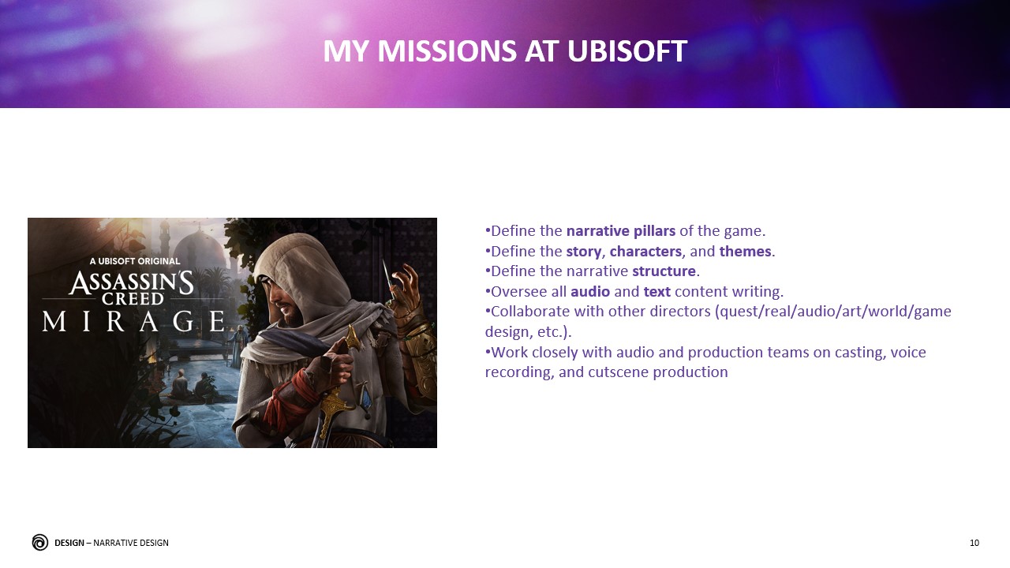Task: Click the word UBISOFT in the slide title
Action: pyautogui.click(x=627, y=52)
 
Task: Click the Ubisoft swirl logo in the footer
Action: pyautogui.click(x=39, y=542)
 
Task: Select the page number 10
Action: pyautogui.click(x=974, y=543)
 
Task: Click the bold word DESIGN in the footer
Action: pyautogui.click(x=69, y=543)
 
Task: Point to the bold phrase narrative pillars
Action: pyautogui.click(x=620, y=231)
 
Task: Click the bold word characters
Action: pyautogui.click(x=645, y=252)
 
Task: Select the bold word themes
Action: pyautogui.click(x=745, y=252)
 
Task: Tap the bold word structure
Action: pyautogui.click(x=664, y=271)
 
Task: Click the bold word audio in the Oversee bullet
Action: pyautogui.click(x=589, y=292)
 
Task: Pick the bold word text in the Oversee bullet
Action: pyautogui.click(x=656, y=292)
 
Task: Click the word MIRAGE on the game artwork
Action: pyautogui.click(x=133, y=321)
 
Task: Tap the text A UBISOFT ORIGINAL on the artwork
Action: pyautogui.click(x=134, y=261)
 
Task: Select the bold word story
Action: pyautogui.click(x=583, y=252)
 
